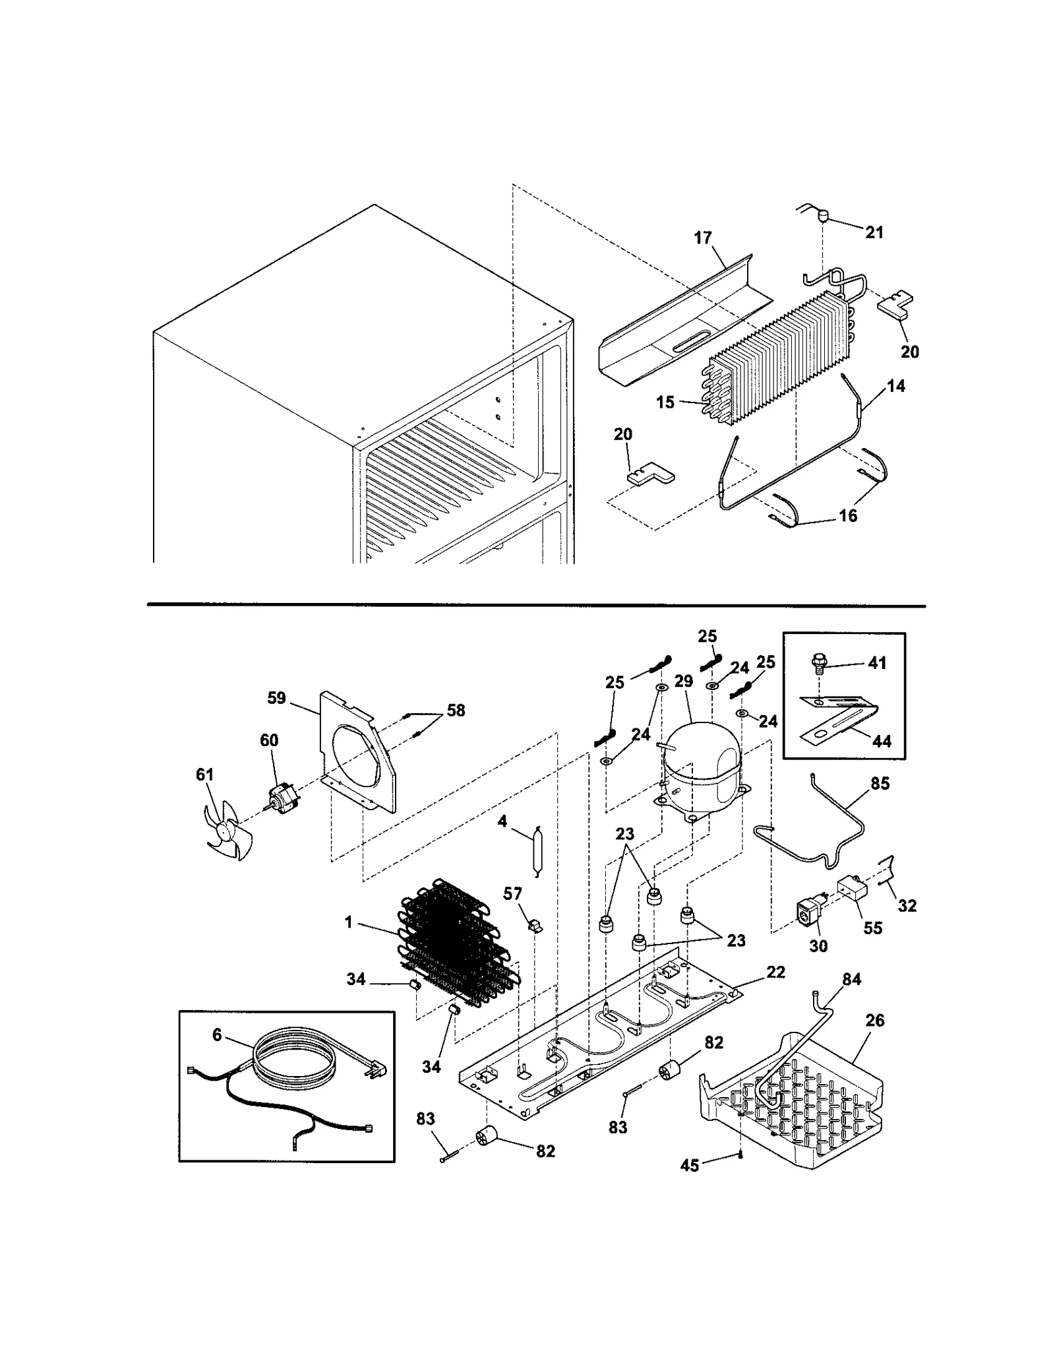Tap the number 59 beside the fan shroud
coord(276,697)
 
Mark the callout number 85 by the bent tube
coord(880,783)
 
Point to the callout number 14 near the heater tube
coord(895,386)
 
